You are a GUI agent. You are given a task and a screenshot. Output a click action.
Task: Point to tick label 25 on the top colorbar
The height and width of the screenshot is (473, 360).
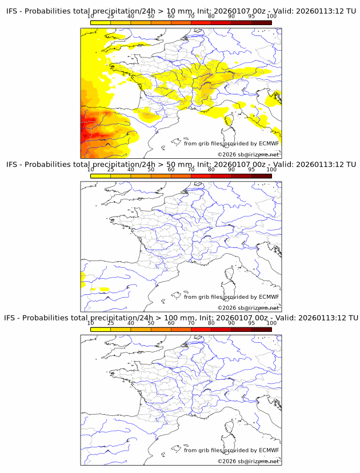pos(110,17)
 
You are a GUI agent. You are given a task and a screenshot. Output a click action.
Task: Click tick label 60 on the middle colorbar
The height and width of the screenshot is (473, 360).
pos(171,170)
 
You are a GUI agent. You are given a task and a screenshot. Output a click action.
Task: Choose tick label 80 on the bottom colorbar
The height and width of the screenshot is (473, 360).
pos(211,323)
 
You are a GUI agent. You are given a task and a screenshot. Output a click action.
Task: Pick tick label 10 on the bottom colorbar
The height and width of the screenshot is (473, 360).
pos(90,323)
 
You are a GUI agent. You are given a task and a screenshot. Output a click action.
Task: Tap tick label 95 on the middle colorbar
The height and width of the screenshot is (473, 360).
pos(251,170)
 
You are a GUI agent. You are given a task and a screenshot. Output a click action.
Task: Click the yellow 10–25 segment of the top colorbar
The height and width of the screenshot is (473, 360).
pos(101,23)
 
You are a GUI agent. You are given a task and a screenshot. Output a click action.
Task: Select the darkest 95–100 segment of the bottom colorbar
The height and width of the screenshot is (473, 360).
pos(261,329)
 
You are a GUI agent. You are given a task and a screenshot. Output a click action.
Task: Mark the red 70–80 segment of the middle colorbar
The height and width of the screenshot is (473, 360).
pos(201,176)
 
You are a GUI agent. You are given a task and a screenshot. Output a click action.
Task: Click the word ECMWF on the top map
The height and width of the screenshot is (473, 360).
pos(269,143)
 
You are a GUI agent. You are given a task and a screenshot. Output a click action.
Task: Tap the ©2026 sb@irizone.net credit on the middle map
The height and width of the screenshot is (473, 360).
pos(248,308)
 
